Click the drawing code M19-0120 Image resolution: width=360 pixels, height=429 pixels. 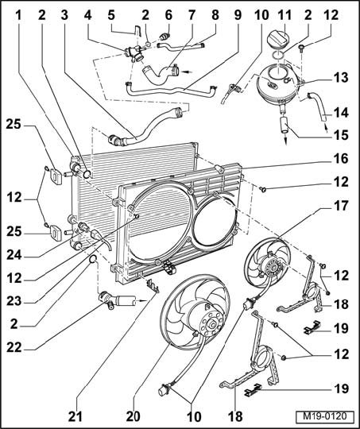(325, 416)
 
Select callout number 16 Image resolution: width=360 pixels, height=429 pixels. (341, 159)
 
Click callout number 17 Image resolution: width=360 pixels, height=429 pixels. (341, 206)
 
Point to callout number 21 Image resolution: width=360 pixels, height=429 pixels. (75, 417)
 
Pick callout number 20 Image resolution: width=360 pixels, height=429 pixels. (133, 417)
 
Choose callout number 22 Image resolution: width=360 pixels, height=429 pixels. (14, 348)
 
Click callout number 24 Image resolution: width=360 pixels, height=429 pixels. (14, 255)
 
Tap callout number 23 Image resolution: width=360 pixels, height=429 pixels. (14, 301)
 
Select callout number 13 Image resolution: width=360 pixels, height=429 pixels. (341, 77)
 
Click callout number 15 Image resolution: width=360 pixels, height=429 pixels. (341, 135)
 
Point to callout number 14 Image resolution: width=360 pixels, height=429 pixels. (341, 113)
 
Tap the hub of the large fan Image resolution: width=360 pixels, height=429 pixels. (212, 324)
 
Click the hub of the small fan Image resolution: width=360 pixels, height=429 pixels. (272, 266)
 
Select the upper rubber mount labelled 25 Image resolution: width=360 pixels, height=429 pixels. (56, 176)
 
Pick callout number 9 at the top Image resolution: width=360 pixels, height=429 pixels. (238, 15)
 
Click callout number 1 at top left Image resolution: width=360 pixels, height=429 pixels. (18, 15)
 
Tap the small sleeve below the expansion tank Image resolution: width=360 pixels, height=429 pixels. (285, 125)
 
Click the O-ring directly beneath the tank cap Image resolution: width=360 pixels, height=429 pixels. (278, 56)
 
